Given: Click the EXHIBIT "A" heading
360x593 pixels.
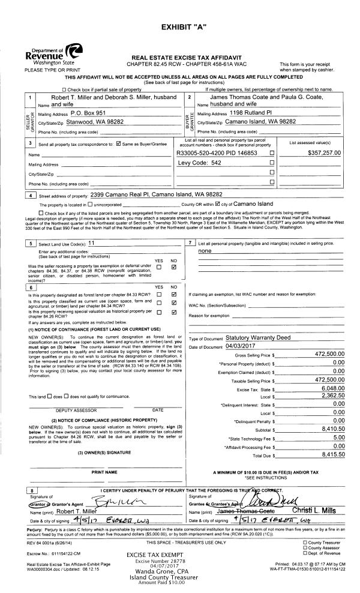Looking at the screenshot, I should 180,29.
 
